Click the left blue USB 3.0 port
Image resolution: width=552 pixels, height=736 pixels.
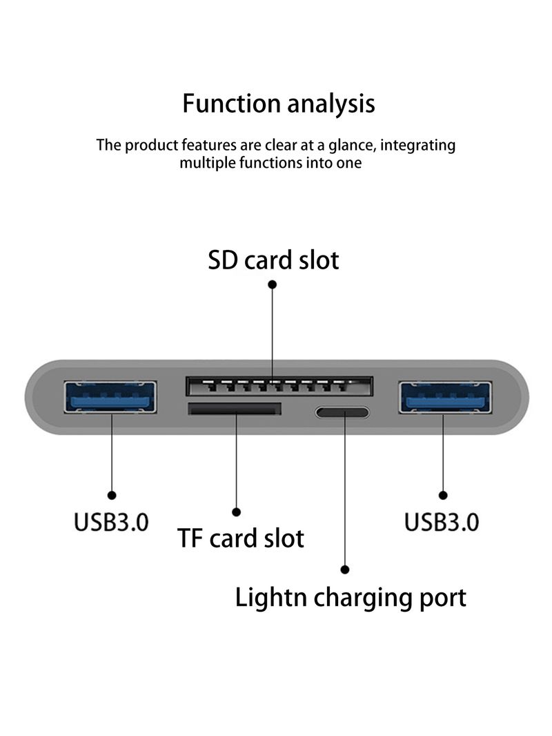point(110,397)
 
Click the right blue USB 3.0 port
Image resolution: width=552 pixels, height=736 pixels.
point(445,397)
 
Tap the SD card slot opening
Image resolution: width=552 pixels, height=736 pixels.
point(279,385)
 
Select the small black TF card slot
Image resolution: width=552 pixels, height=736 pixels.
point(235,409)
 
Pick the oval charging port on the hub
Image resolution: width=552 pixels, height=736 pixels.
point(343,413)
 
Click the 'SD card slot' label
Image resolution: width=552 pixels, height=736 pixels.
point(273,260)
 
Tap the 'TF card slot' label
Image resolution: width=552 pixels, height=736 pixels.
point(241,538)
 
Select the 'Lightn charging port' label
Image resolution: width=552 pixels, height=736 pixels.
point(351,597)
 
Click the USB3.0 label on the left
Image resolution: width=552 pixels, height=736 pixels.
point(111,521)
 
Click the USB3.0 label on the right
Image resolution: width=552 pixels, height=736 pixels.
point(442,521)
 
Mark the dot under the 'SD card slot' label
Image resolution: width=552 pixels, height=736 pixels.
point(273,284)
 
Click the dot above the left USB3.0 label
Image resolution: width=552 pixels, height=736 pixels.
point(112,494)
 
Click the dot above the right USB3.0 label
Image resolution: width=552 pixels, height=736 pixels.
point(443,494)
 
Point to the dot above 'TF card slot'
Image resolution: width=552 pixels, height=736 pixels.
point(236,512)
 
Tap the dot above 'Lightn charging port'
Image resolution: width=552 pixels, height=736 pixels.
point(345,569)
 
